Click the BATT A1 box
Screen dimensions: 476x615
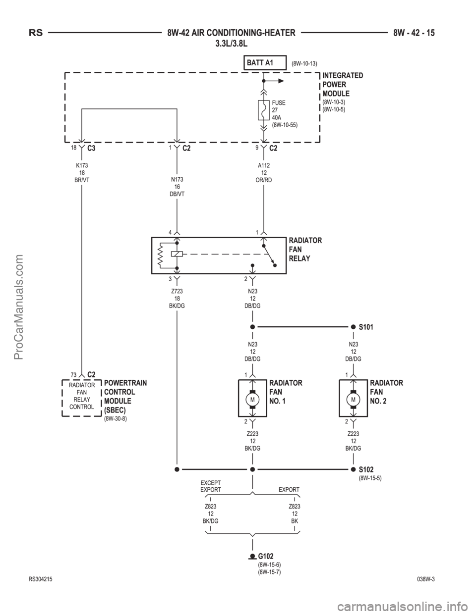point(265,62)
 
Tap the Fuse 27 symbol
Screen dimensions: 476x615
point(263,110)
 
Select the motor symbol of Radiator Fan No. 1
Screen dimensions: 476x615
point(252,400)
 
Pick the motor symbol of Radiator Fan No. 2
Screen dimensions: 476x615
point(354,400)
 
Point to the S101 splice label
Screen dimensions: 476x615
point(366,327)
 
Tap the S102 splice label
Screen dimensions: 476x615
point(366,469)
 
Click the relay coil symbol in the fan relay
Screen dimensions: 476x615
point(177,254)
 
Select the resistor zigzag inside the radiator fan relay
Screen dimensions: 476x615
point(161,255)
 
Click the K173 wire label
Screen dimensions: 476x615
point(82,165)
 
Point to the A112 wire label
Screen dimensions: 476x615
point(264,165)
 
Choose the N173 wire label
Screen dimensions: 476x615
point(177,179)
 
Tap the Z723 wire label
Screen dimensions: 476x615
point(177,291)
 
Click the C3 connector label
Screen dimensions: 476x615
point(91,148)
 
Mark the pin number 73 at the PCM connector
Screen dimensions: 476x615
point(74,375)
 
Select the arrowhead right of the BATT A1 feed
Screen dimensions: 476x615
point(281,81)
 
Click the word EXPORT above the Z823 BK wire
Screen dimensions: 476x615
point(289,490)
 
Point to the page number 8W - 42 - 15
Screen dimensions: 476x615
point(414,33)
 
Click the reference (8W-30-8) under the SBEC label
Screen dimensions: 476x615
point(116,418)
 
